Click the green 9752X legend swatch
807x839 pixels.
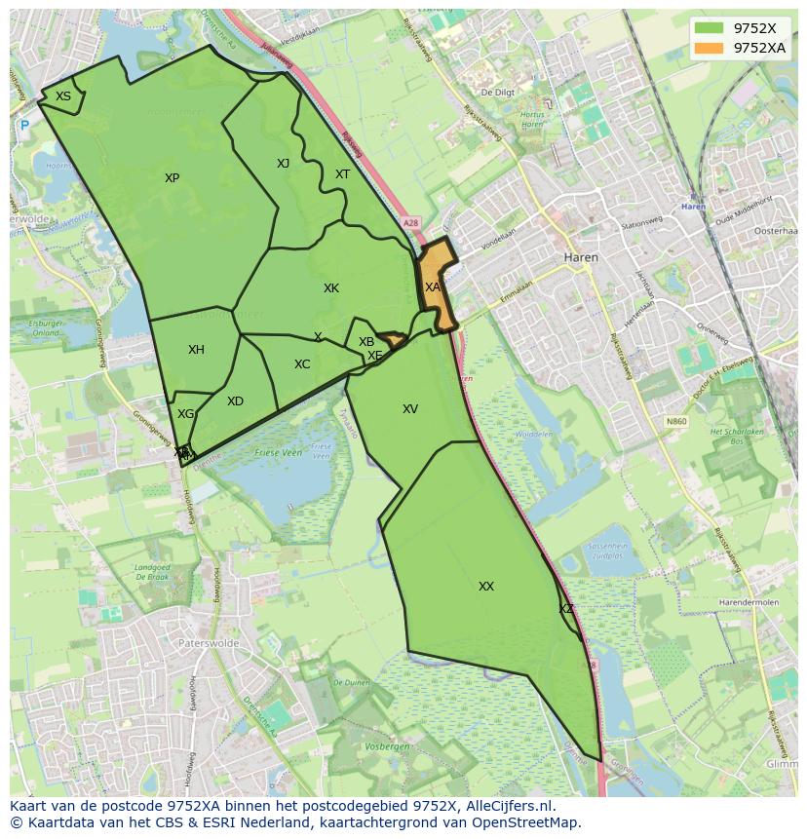point(710,28)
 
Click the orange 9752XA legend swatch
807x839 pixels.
point(710,47)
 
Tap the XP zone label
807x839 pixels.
point(172,178)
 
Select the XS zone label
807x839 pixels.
point(63,96)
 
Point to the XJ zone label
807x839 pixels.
point(283,164)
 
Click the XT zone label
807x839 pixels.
point(342,174)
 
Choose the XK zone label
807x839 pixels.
point(331,288)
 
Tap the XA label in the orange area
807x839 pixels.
point(433,287)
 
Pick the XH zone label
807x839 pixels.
point(196,350)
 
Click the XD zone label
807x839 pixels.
point(235,401)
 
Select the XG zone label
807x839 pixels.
point(185,414)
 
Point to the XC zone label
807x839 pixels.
point(302,364)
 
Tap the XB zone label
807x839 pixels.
point(366,342)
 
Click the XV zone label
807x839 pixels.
point(410,409)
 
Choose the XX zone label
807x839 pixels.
point(486,587)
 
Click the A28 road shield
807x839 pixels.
point(411,223)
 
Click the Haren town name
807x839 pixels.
point(581,258)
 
